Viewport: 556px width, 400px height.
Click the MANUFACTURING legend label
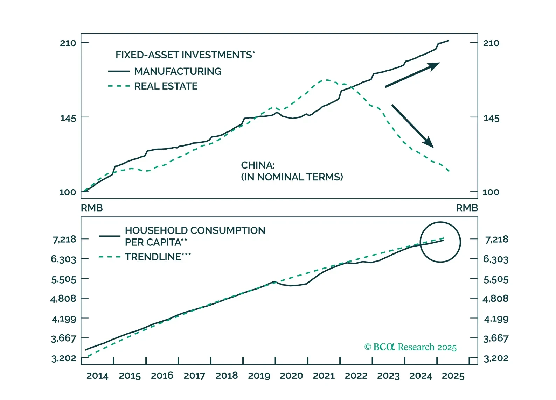[178, 71]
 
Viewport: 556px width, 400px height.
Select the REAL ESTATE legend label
[166, 86]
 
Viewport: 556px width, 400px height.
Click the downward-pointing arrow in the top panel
[412, 126]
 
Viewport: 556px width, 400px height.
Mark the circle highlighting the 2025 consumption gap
[440, 242]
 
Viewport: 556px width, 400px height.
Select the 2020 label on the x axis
[291, 376]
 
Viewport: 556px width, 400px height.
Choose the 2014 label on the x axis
[97, 376]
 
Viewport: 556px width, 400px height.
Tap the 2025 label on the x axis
[453, 376]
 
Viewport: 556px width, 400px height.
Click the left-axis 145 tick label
[68, 118]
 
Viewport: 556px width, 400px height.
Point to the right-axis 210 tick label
[491, 43]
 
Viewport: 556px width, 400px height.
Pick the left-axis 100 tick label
[68, 192]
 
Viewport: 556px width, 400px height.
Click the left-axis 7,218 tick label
[64, 240]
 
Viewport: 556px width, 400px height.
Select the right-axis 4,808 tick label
[495, 299]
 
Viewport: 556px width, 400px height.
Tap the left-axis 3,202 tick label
[64, 358]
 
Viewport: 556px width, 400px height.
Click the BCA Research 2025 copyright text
[410, 347]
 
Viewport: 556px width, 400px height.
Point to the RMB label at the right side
[467, 208]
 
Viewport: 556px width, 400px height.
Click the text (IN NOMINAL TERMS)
[292, 177]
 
